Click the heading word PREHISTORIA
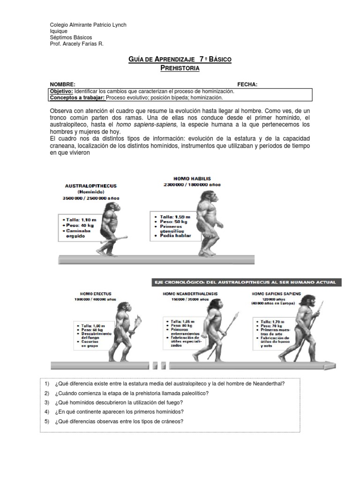[x=180, y=68]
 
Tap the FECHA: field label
[x=247, y=84]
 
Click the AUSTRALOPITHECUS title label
[x=90, y=186]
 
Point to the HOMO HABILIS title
[x=192, y=179]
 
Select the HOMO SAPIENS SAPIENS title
[x=277, y=294]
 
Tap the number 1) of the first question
[x=46, y=383]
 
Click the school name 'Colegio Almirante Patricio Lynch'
[x=88, y=25]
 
